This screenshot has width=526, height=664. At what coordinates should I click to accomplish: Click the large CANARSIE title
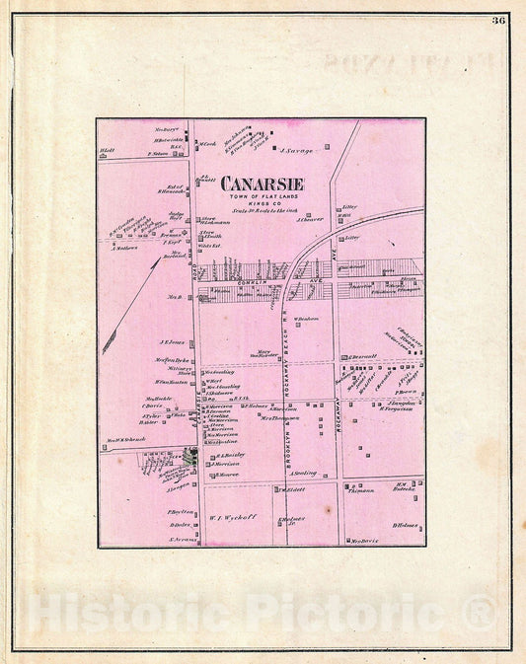click(x=262, y=184)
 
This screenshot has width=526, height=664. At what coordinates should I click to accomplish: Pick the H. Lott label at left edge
click(x=109, y=151)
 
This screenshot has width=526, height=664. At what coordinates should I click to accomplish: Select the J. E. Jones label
click(x=172, y=342)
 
